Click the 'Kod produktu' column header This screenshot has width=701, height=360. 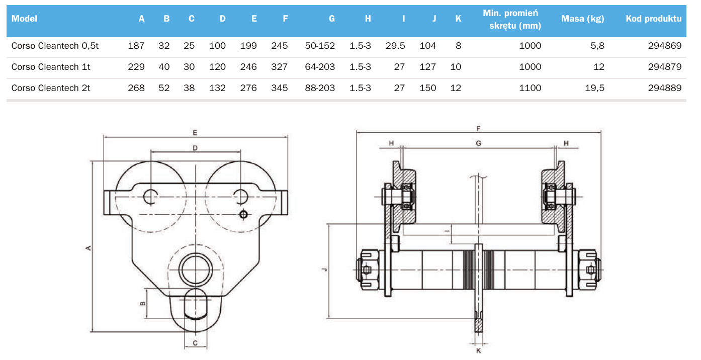pyautogui.click(x=653, y=19)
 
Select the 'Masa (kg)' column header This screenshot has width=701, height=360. pyautogui.click(x=582, y=19)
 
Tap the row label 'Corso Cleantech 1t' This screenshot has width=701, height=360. pyautogui.click(x=51, y=67)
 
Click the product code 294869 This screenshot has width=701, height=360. pyautogui.click(x=665, y=46)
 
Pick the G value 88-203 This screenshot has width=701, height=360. pyautogui.click(x=320, y=88)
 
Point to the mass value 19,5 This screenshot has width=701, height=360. pyautogui.click(x=594, y=88)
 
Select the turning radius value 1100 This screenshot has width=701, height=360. pyautogui.click(x=530, y=88)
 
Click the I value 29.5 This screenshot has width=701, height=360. pyautogui.click(x=395, y=46)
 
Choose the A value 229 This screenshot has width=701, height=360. pyautogui.click(x=136, y=67)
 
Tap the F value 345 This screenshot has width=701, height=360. pyautogui.click(x=280, y=88)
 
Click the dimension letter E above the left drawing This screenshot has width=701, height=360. pyautogui.click(x=195, y=133)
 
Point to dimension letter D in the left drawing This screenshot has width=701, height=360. pyautogui.click(x=195, y=148)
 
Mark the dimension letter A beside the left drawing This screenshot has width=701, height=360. pyautogui.click(x=88, y=248)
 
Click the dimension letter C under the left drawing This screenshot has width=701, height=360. pyautogui.click(x=195, y=343)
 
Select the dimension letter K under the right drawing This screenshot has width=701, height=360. pyautogui.click(x=479, y=351)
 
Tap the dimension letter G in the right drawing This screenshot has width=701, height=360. pyautogui.click(x=479, y=143)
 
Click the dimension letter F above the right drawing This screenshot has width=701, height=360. pyautogui.click(x=479, y=129)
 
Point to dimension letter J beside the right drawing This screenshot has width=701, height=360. pyautogui.click(x=324, y=269)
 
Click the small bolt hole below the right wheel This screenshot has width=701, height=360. pyautogui.click(x=243, y=215)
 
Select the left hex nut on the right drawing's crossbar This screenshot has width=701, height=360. pyautogui.click(x=368, y=269)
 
